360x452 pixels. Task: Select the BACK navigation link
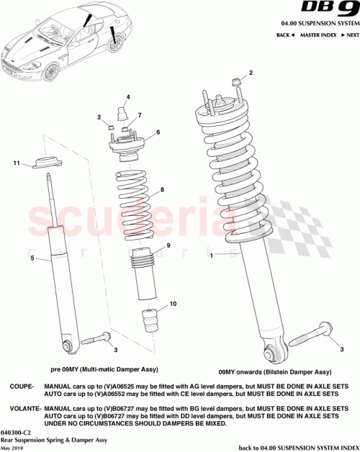pos(283,35)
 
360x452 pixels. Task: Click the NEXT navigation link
pos(351,35)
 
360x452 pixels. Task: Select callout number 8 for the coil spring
pos(163,190)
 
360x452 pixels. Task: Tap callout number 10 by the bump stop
pos(173,304)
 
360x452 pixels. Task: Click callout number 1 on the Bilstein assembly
pos(212,256)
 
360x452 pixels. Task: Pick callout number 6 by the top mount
pos(158,132)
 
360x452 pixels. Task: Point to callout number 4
pos(128,96)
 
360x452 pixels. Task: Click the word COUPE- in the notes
pos(22,387)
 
